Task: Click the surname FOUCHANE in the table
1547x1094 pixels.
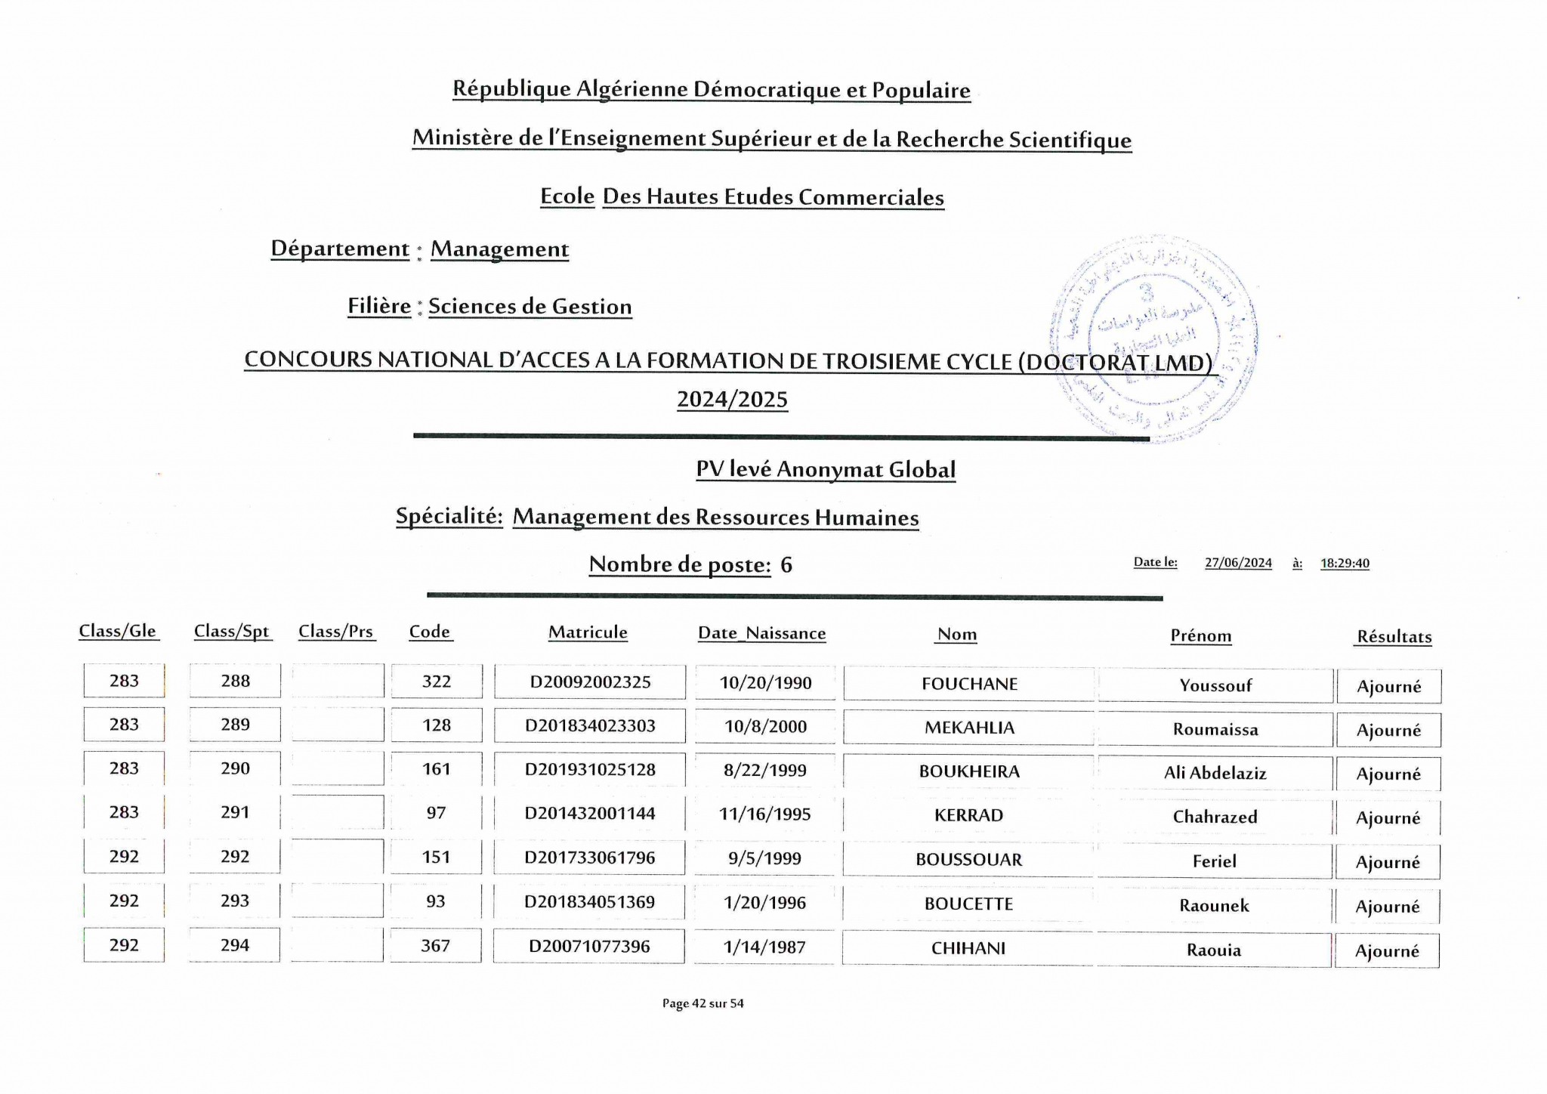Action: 969,684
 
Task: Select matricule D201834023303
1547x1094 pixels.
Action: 590,726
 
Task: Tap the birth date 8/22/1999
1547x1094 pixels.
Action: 764,770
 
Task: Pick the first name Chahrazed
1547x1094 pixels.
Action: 1215,817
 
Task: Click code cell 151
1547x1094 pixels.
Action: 436,858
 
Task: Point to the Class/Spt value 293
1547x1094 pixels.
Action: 235,901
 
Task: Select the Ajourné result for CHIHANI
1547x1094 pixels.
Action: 1387,951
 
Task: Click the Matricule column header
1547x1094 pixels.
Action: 588,632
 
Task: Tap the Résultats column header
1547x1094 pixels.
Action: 1394,637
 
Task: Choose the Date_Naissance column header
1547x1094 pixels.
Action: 761,633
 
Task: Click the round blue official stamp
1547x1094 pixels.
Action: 1153,338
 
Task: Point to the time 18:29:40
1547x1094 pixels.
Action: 1345,563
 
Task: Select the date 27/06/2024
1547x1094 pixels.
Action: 1238,563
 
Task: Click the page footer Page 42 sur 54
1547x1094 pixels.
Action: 702,1003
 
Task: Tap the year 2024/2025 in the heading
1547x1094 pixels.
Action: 732,399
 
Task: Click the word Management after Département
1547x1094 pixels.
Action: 499,249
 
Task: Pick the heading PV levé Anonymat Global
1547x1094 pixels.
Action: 826,469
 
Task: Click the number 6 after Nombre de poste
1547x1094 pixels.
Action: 786,564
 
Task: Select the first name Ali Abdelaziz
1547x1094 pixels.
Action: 1215,773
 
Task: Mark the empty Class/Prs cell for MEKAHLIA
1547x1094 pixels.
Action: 338,725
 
